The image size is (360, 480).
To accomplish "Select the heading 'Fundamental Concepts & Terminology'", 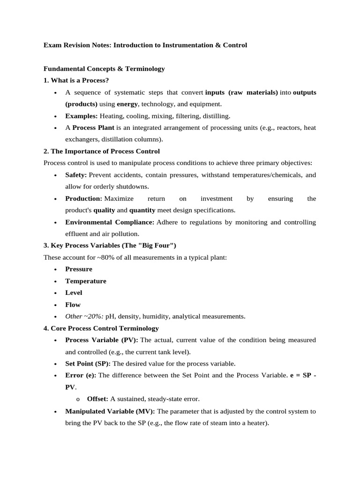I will [104, 68].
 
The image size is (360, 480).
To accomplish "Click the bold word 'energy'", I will [127, 104].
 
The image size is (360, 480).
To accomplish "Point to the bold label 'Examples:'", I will [82, 116].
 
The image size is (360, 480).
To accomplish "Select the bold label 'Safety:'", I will [76, 175].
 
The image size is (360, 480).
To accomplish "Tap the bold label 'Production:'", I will [83, 198].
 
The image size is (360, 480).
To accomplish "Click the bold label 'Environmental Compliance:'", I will [110, 222].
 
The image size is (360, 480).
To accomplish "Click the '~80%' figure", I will [104, 257].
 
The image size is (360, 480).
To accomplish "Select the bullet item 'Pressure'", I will [79, 269].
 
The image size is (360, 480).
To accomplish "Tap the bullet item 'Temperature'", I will [86, 281].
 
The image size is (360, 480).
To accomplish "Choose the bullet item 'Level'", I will [74, 292].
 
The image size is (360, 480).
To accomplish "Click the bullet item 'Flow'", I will [73, 304].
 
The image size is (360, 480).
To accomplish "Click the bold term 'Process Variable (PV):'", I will [102, 340].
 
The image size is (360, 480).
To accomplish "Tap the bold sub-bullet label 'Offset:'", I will [97, 399].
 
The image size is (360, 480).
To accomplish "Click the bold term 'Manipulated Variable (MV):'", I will [110, 411].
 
